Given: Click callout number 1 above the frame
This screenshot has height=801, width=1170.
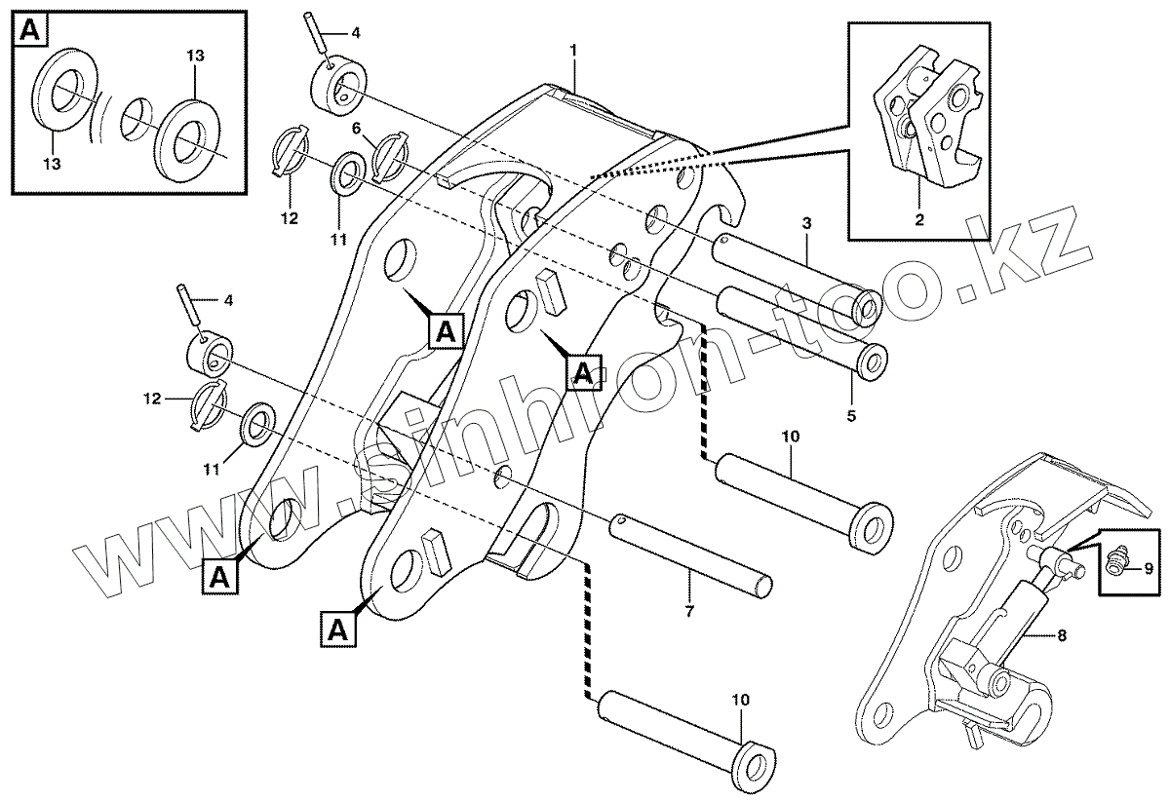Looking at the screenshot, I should (x=574, y=48).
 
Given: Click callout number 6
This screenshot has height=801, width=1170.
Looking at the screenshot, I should (x=357, y=128).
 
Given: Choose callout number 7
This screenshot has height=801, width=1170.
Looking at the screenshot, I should (x=689, y=611).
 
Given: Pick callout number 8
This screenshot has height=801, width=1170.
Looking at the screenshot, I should (x=1061, y=636).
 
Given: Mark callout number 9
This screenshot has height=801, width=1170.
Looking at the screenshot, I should (x=1148, y=568).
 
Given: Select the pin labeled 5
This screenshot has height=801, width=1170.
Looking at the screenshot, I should (x=799, y=326).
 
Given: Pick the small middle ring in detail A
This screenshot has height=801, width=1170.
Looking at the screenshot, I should (x=139, y=119).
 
